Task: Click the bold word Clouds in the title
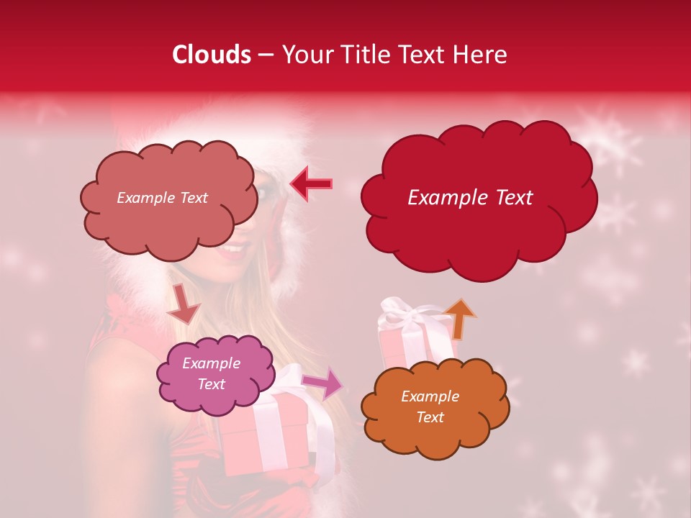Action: pos(212,55)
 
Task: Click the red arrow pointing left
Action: pos(311,183)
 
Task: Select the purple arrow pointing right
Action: pos(323,384)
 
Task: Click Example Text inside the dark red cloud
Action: pos(470,198)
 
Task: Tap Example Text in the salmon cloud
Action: pos(162,198)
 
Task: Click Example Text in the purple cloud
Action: pos(212,374)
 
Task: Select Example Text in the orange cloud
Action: pos(430,406)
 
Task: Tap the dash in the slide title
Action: pos(266,55)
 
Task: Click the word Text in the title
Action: pos(423,55)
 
